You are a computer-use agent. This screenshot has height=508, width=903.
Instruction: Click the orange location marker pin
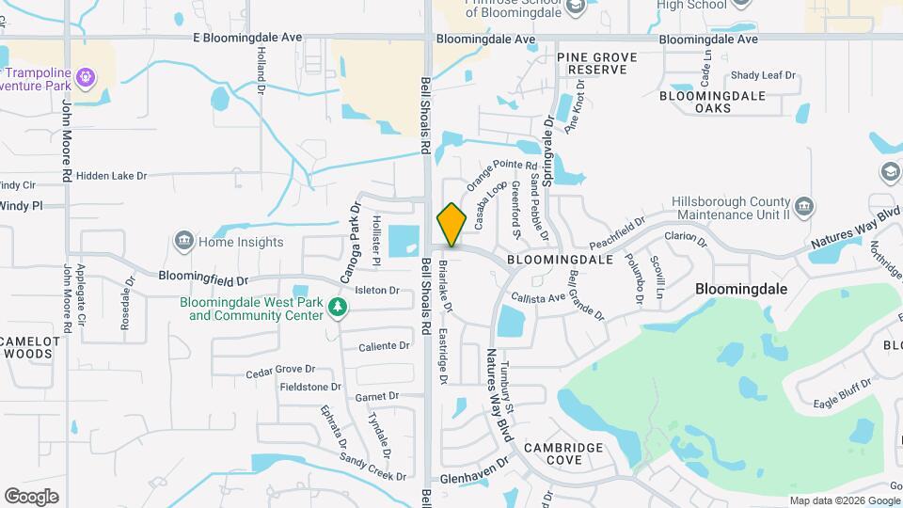(x=452, y=225)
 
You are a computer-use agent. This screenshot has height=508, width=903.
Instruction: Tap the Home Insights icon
(x=183, y=242)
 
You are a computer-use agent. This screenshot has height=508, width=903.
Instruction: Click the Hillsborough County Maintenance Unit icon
(x=804, y=206)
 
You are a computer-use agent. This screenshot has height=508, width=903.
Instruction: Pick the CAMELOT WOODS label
(x=30, y=347)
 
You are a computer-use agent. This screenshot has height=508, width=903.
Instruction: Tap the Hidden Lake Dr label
(x=112, y=175)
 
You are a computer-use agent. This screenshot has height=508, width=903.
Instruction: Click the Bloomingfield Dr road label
(x=202, y=279)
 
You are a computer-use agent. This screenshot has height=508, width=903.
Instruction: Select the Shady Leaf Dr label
(x=763, y=75)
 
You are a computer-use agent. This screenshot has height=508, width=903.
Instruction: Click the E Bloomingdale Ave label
(x=247, y=38)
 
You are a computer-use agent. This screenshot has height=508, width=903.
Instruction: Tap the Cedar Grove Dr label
(x=280, y=370)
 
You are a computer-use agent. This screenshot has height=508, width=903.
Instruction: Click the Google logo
(x=31, y=496)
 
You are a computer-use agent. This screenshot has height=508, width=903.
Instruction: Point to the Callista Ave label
(x=538, y=297)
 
